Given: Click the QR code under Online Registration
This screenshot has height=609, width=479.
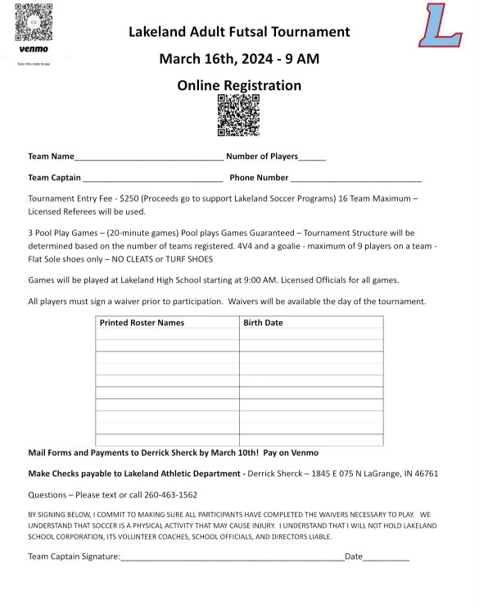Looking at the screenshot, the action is click(x=238, y=115).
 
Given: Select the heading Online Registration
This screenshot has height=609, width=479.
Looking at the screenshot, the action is click(x=239, y=85).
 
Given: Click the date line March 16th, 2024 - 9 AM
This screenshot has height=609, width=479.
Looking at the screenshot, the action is click(x=239, y=59).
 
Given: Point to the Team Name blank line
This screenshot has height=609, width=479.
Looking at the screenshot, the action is click(x=148, y=157).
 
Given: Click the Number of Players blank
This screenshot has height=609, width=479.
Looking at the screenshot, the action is click(x=312, y=157).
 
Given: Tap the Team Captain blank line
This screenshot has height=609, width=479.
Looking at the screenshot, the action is click(x=152, y=179).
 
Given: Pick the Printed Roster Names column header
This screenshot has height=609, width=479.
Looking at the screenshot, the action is click(x=142, y=323).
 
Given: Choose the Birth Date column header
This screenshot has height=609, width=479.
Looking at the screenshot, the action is click(x=263, y=323).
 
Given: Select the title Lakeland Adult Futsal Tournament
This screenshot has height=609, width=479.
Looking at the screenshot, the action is click(x=239, y=32).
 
